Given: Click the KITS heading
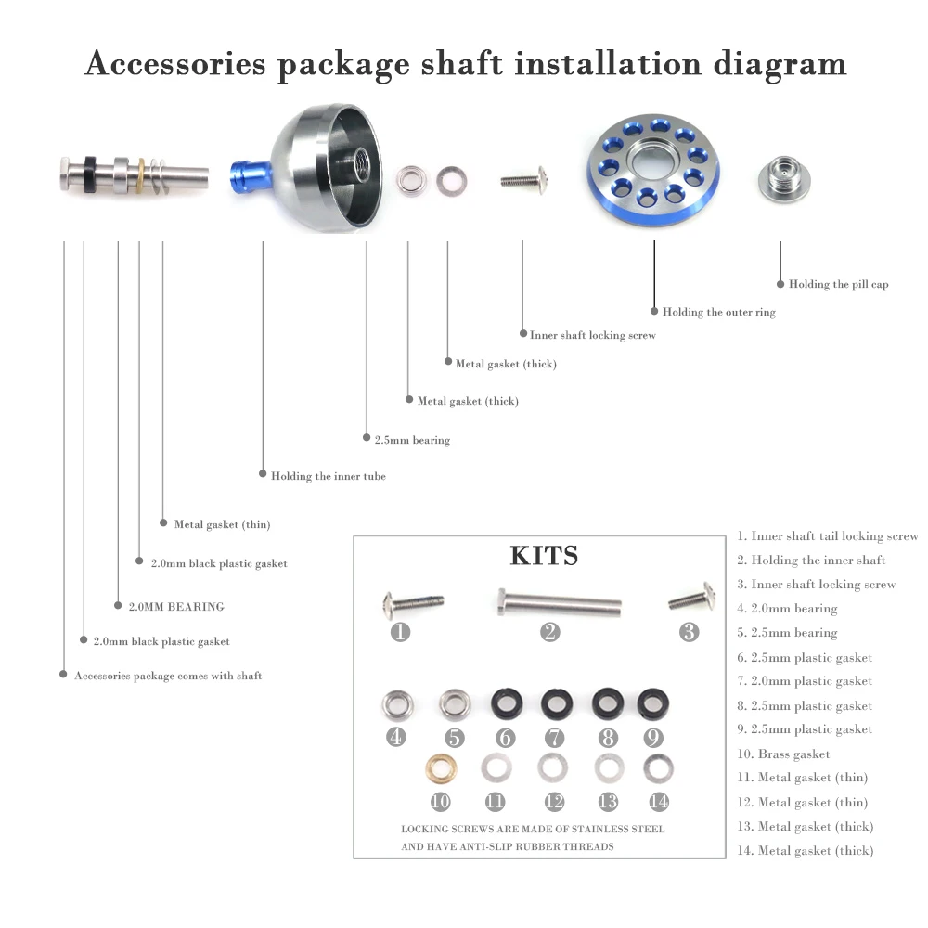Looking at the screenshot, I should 544,556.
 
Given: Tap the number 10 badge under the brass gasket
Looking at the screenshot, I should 439,802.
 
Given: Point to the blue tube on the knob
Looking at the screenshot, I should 248,174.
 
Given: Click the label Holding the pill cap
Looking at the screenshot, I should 838,284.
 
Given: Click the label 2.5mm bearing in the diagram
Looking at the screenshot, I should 411,440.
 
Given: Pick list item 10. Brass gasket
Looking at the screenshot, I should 784,754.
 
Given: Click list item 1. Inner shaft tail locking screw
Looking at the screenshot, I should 828,536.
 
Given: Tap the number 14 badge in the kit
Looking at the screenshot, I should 659,802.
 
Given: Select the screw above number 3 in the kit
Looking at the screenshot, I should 691,598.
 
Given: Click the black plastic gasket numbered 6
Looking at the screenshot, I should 505,703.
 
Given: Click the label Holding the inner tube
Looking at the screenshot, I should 328,476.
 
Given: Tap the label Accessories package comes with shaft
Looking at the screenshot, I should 168,676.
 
